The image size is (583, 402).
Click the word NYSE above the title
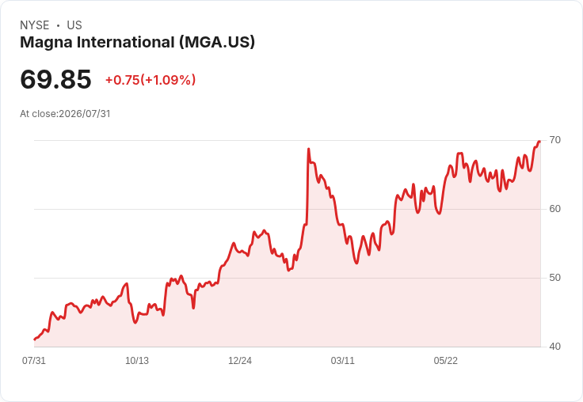tap(35, 25)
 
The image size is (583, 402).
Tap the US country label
tap(74, 25)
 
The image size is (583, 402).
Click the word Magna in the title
tap(46, 43)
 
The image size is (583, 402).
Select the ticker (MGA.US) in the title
tap(217, 43)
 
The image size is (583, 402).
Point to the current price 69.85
tap(55, 79)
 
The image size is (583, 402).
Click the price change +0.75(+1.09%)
tap(151, 80)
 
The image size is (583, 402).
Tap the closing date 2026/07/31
tap(85, 114)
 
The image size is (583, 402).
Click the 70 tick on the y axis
tap(554, 140)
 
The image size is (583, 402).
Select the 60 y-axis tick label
tap(554, 209)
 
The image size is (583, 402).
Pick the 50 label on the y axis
tap(554, 278)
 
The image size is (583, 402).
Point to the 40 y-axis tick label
tap(554, 347)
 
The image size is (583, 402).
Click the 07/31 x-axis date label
tap(34, 360)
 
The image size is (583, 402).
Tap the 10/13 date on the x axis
tap(137, 360)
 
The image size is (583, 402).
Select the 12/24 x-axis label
tap(240, 360)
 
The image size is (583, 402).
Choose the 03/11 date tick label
tap(342, 360)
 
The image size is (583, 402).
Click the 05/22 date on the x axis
tap(445, 360)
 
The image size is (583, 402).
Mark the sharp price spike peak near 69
tap(309, 149)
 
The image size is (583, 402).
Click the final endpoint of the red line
tap(539, 142)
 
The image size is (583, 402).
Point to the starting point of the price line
tap(35, 339)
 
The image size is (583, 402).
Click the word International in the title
tap(126, 43)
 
